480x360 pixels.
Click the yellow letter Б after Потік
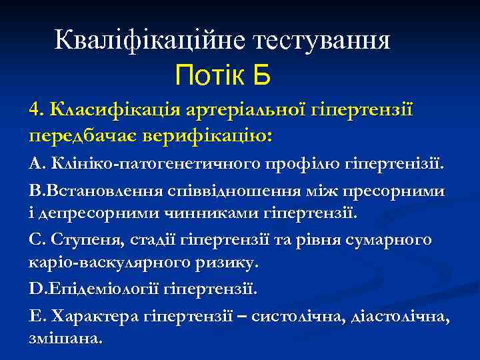point(261,75)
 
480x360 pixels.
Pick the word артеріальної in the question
point(234,109)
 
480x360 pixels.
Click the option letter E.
point(35,317)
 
